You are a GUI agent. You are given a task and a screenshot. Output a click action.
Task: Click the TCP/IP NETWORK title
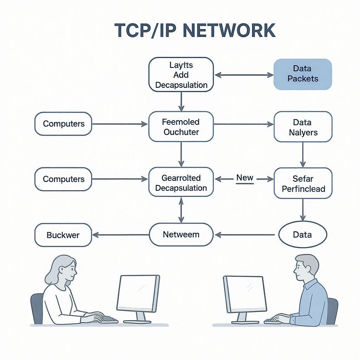pyautogui.click(x=195, y=31)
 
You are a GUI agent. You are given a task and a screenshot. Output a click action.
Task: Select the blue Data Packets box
pyautogui.click(x=303, y=74)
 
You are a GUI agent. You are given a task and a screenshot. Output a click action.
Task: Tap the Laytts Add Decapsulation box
pyautogui.click(x=181, y=75)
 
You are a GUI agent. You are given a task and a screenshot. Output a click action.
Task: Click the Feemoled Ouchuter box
pyautogui.click(x=181, y=127)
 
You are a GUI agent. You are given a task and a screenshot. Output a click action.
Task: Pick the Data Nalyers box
pyautogui.click(x=303, y=127)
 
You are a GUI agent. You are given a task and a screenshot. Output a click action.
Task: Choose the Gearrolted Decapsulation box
pyautogui.click(x=181, y=183)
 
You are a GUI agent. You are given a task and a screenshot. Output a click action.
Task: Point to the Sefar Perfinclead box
pyautogui.click(x=303, y=183)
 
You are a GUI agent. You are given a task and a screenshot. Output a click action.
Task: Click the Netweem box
pyautogui.click(x=181, y=234)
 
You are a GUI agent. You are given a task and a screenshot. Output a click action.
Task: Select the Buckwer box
pyautogui.click(x=63, y=235)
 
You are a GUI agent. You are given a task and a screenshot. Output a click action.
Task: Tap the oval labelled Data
pyautogui.click(x=303, y=234)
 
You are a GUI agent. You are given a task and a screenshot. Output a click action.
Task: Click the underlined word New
pyautogui.click(x=245, y=178)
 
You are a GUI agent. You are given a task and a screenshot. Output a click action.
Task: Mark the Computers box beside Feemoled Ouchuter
pyautogui.click(x=63, y=124)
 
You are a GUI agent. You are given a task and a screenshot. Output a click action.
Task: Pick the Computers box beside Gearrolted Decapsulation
pyautogui.click(x=63, y=179)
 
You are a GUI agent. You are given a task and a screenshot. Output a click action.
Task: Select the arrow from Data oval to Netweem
pyautogui.click(x=245, y=235)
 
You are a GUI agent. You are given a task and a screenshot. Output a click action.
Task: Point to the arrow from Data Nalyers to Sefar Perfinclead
pyautogui.click(x=303, y=154)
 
